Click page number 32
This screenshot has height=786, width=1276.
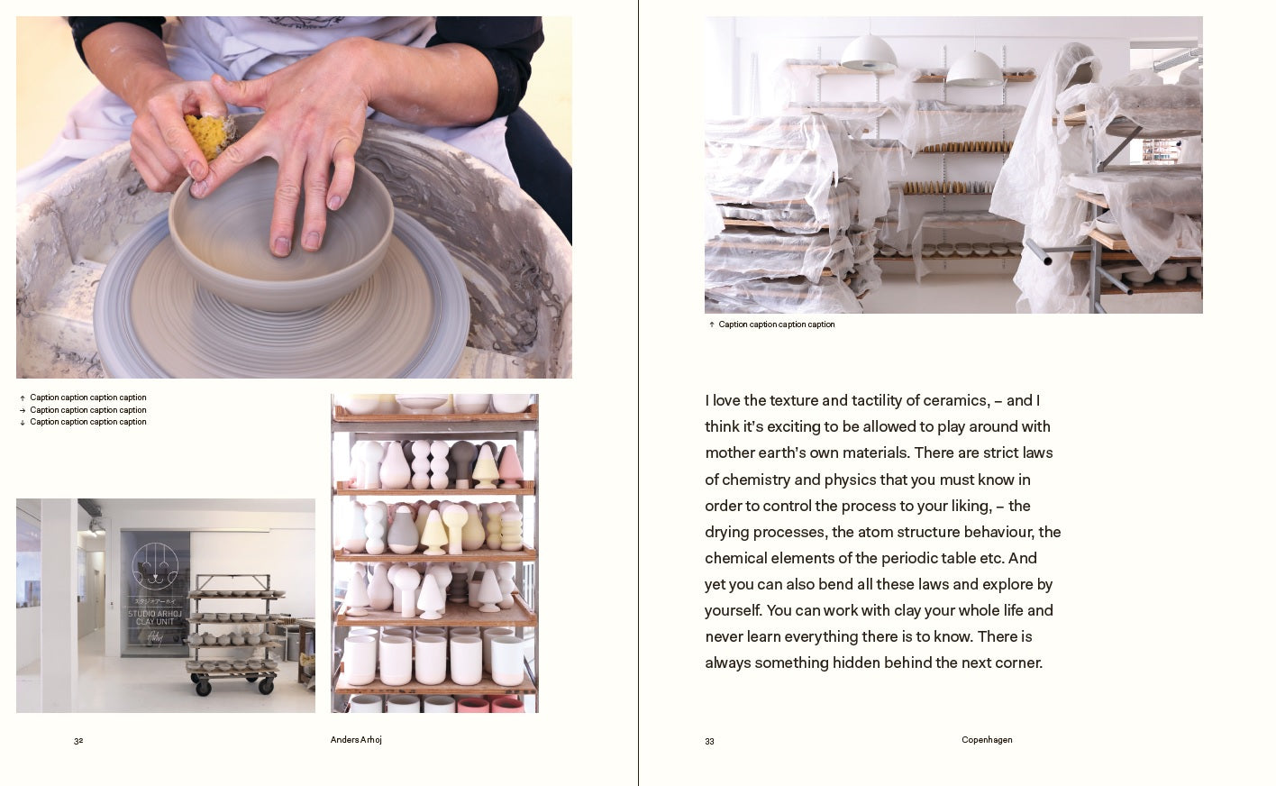click(78, 741)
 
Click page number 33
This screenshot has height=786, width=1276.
click(709, 742)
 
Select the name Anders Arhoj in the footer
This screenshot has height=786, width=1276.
click(356, 740)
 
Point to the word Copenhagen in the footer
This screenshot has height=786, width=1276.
click(987, 740)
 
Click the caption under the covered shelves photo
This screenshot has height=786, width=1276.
click(776, 324)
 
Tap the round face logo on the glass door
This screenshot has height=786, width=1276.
click(155, 565)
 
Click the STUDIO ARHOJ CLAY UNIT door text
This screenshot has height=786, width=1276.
click(155, 617)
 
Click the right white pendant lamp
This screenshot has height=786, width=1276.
click(974, 68)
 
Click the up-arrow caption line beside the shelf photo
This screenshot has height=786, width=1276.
click(87, 398)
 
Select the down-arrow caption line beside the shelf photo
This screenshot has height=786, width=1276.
click(87, 422)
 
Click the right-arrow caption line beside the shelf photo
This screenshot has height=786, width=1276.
click(87, 410)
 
